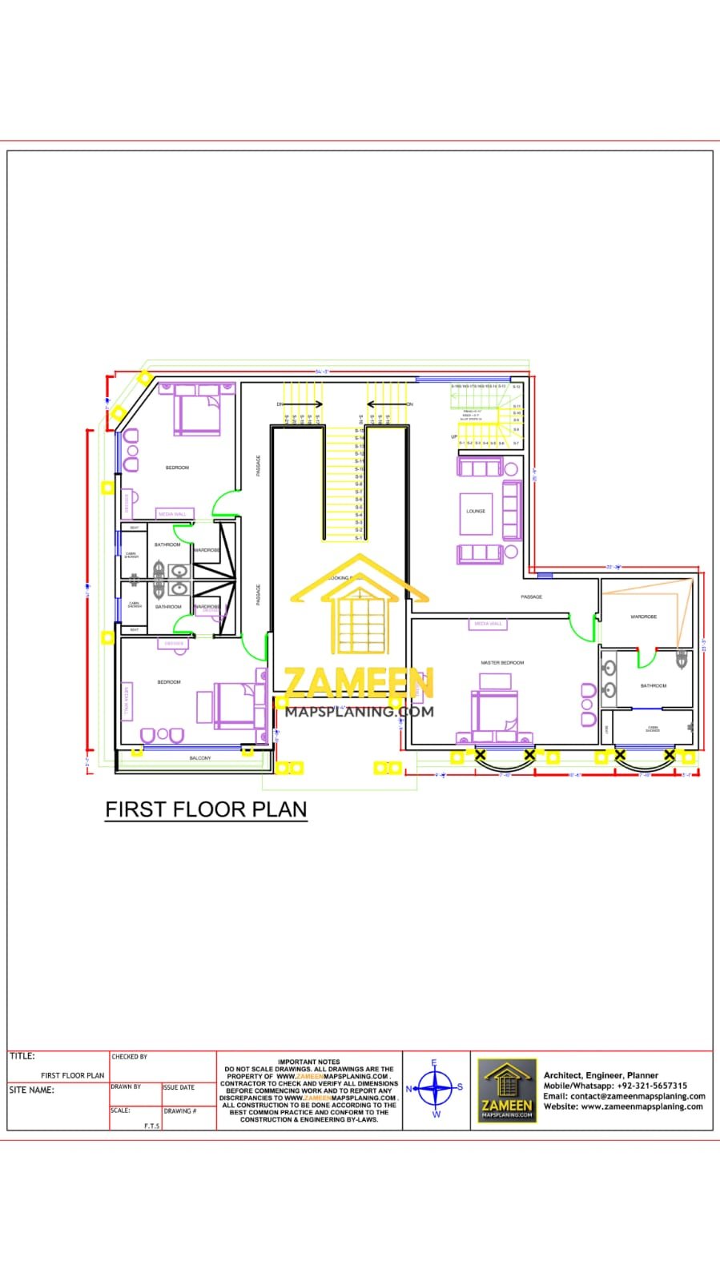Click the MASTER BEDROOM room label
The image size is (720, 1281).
(x=502, y=663)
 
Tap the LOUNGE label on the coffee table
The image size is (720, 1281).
(x=476, y=511)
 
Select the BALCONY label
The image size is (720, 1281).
(x=200, y=757)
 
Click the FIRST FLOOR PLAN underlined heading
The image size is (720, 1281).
(x=206, y=809)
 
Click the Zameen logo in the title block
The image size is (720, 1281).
(x=507, y=1090)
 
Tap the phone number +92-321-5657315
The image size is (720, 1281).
(x=651, y=1086)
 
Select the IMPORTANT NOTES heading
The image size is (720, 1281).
(x=309, y=1062)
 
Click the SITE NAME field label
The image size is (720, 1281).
(x=32, y=1090)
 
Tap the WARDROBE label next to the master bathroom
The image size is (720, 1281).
(x=643, y=616)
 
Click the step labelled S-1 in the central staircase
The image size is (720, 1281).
(x=359, y=537)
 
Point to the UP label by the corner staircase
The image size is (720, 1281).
(x=454, y=436)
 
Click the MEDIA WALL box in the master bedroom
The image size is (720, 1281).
(x=488, y=624)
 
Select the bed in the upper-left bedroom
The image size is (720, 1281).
(x=198, y=410)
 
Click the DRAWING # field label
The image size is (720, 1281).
(x=179, y=1111)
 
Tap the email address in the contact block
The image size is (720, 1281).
(x=624, y=1096)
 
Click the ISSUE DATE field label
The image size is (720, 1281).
(x=179, y=1087)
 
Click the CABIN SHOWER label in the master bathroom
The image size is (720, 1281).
(x=653, y=729)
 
